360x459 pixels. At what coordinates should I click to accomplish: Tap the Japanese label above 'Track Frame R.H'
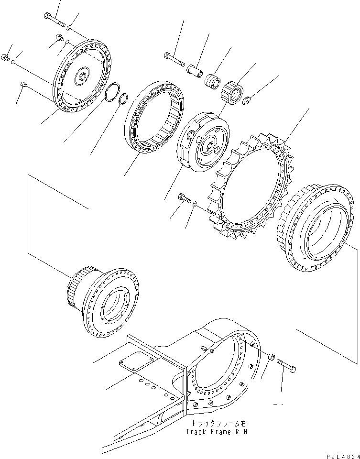point(218,424)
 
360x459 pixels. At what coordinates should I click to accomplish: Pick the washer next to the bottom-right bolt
point(271,357)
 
